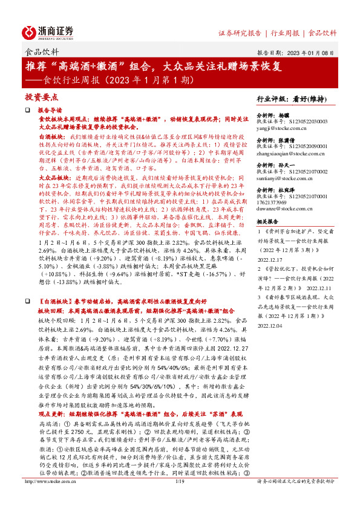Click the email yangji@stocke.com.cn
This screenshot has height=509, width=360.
click(280, 129)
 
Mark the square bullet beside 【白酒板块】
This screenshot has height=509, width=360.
click(27, 300)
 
